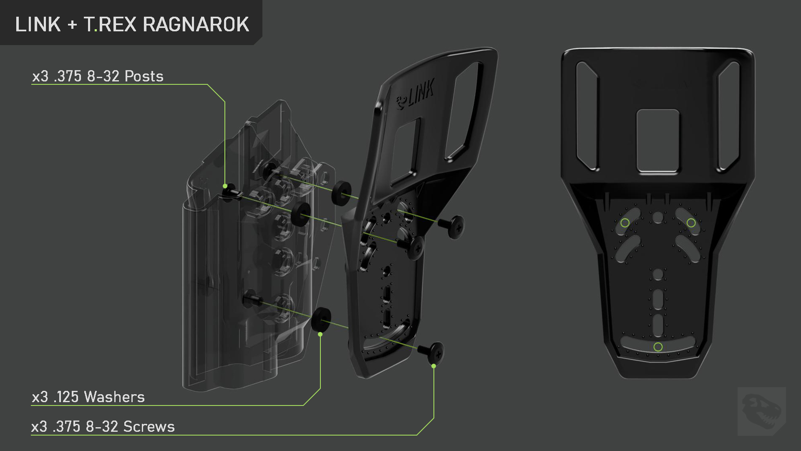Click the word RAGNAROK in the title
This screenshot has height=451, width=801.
click(196, 25)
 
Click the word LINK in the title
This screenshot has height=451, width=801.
click(38, 25)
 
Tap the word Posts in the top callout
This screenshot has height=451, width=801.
click(144, 76)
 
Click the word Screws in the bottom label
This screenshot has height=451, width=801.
click(149, 427)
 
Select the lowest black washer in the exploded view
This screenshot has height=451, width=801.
click(321, 319)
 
